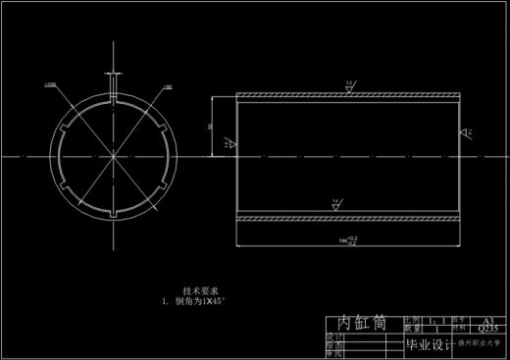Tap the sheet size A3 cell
[x=486, y=321]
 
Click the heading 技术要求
[x=200, y=291]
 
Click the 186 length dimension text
[x=346, y=239]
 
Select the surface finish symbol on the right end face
[x=468, y=129]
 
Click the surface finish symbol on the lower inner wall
[x=335, y=202]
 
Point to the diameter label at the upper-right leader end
[x=167, y=87]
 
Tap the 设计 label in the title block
[x=332, y=336]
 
